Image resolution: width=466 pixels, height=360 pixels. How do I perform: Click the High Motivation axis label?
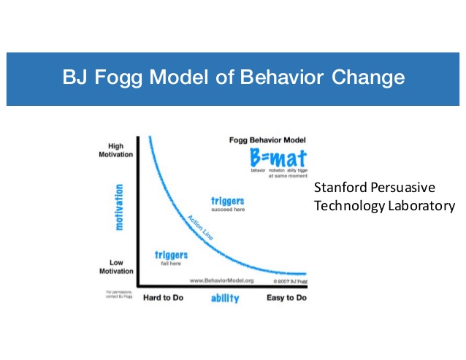tap(115, 150)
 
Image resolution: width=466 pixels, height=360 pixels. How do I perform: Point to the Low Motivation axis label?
tap(115, 266)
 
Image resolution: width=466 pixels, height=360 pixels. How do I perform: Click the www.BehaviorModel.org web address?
tap(222, 280)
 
